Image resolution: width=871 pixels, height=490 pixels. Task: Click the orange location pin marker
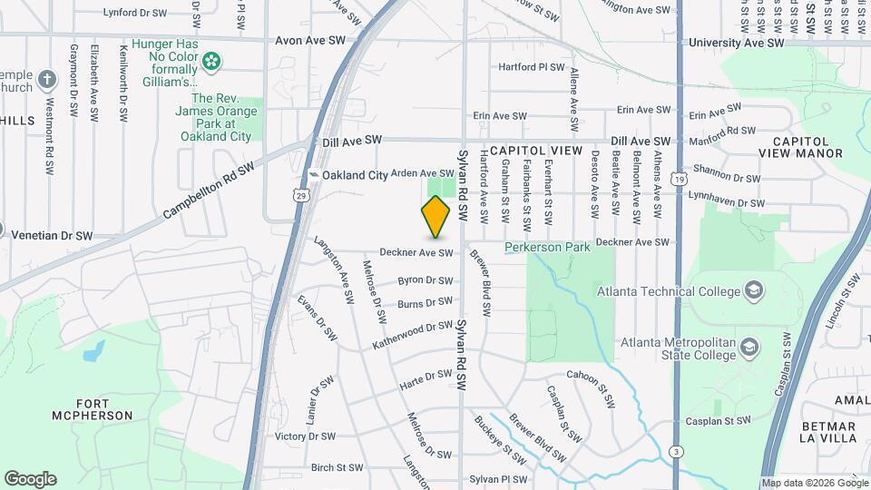435,217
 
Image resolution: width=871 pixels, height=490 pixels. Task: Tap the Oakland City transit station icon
314,175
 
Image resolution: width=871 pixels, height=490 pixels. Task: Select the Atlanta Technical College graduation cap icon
752,290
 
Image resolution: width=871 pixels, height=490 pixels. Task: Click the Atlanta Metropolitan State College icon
749,348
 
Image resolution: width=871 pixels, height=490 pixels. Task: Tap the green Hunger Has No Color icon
211,62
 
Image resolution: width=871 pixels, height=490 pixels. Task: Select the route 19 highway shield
679,180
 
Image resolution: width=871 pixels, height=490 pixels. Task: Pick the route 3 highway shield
677,451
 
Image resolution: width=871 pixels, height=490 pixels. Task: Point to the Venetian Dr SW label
52,235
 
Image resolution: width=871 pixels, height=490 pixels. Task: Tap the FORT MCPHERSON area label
104,409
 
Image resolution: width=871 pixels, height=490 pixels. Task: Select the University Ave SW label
736,43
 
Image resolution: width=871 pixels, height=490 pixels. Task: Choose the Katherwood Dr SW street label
412,336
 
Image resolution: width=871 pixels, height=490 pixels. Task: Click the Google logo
30,479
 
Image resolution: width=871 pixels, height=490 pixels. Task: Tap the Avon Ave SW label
310,42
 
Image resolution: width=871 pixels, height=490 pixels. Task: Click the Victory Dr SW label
311,436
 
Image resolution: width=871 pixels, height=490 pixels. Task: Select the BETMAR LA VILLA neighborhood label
829,433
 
